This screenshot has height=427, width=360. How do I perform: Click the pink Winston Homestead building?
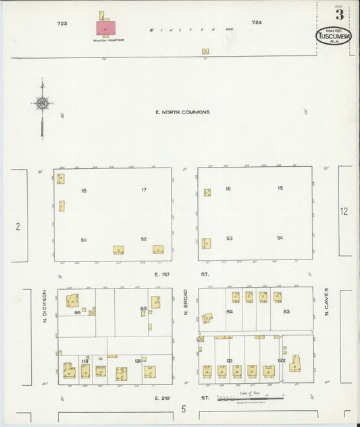(106, 28)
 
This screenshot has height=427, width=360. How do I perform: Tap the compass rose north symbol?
(42, 103)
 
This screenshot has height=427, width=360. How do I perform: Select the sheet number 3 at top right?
(338, 15)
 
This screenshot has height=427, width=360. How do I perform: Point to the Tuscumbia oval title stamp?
(334, 35)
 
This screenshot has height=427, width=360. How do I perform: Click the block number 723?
(63, 23)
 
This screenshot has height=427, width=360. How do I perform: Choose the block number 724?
(256, 22)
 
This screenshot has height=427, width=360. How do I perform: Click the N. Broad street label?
(185, 303)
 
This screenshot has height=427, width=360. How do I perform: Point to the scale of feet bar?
(250, 399)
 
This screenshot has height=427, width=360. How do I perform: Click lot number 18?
(84, 191)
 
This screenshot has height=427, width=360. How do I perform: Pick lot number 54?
(280, 238)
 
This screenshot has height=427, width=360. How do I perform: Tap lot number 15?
(280, 188)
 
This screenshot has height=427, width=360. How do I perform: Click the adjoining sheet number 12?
(344, 211)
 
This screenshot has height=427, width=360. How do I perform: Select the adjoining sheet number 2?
(18, 226)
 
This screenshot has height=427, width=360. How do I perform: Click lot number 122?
(282, 360)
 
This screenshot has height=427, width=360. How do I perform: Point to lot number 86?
(78, 312)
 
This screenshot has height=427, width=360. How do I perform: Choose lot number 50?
(84, 240)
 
